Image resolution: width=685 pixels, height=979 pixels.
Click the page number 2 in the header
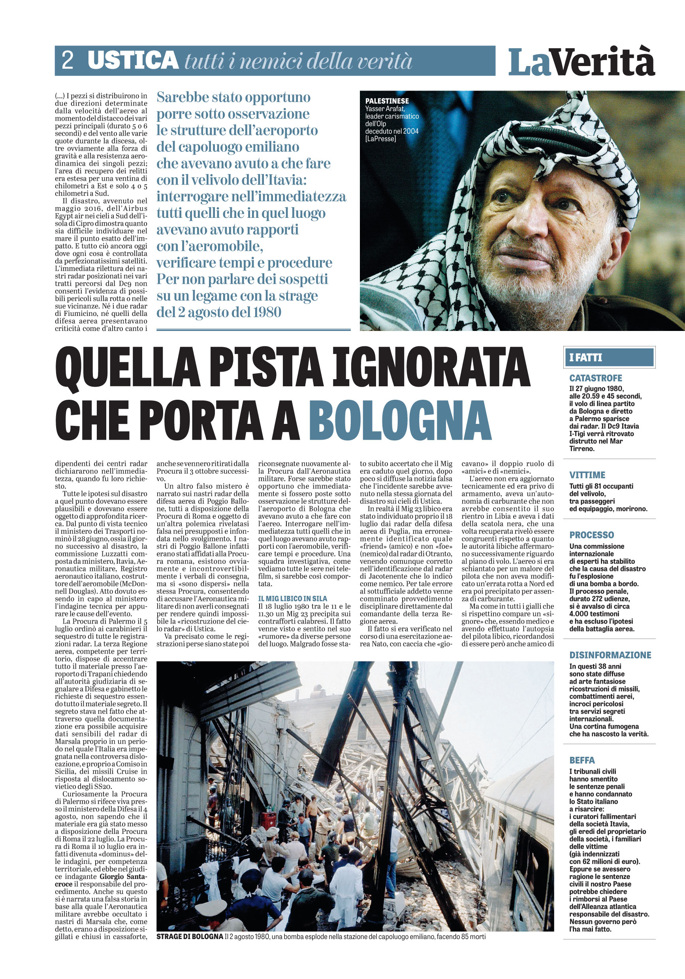click(x=68, y=60)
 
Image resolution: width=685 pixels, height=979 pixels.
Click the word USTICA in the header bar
click(x=133, y=60)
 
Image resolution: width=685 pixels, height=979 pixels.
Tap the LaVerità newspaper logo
click(x=581, y=62)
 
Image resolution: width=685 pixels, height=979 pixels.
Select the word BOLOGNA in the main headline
click(x=400, y=420)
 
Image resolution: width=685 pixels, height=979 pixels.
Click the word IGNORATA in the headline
click(x=431, y=366)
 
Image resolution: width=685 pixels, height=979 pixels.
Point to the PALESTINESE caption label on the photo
click(x=387, y=101)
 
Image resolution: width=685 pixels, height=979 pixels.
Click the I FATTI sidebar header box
click(x=609, y=357)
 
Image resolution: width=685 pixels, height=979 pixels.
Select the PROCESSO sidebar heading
click(x=592, y=535)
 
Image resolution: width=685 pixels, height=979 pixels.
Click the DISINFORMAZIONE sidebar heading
click(x=610, y=655)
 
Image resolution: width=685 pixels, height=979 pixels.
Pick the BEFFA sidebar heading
click(x=582, y=760)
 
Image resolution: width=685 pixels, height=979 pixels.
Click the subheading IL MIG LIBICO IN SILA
click(x=293, y=599)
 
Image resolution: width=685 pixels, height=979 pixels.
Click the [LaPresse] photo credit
click(x=380, y=138)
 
